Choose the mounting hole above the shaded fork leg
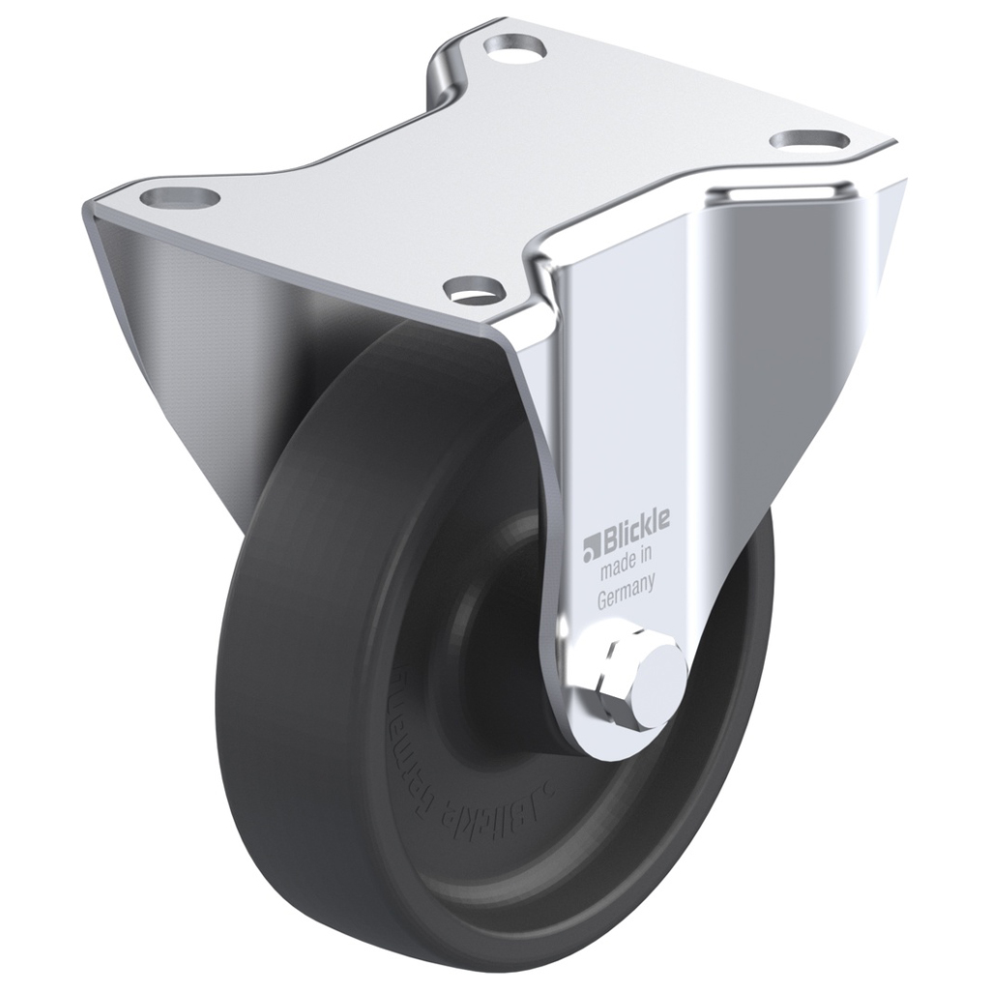180,198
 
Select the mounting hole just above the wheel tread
474,286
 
